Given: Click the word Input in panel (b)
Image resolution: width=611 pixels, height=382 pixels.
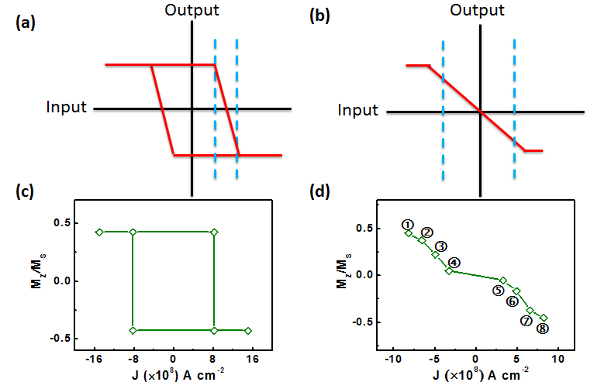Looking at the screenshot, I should [x=358, y=111].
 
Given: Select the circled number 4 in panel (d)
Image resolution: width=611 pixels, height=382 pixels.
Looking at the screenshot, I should [x=454, y=263].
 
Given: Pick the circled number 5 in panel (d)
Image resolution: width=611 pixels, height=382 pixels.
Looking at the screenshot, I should [x=498, y=290].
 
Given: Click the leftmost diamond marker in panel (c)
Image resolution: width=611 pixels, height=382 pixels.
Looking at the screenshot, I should [x=99, y=232].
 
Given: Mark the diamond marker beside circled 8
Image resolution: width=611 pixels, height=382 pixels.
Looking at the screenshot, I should [x=544, y=317].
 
